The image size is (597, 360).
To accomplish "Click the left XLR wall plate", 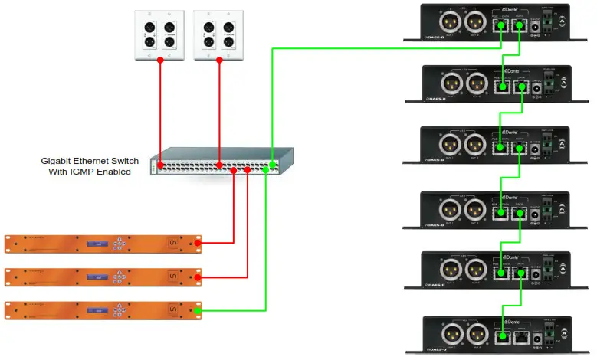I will pos(159,35).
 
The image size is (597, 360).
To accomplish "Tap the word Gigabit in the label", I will pos(59,162).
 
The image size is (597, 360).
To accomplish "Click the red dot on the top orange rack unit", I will pos(198,244).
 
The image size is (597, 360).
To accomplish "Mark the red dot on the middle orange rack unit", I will pos(198,277).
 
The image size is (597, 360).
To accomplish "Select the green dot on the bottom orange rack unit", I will pos(198,310).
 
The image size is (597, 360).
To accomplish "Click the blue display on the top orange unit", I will pos(96,244).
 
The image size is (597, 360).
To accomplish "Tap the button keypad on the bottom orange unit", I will pos(120,310).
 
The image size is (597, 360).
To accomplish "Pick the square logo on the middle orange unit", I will pos(173,277).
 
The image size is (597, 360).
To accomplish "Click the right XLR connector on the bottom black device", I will pos(474,334).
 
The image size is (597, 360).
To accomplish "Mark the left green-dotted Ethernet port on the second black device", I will pos(502,87).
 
